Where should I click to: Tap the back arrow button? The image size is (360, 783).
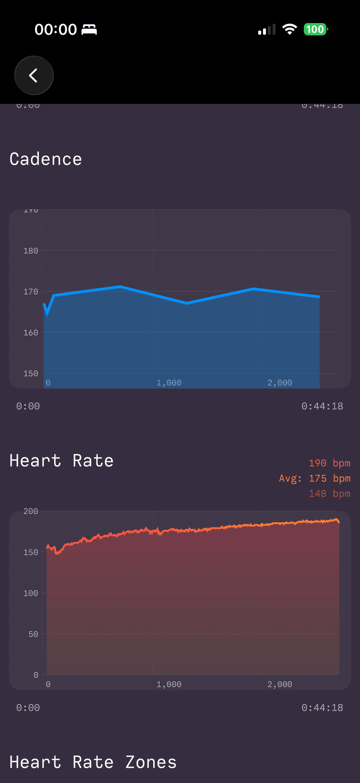[34, 75]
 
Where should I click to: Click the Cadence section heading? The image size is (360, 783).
[46, 159]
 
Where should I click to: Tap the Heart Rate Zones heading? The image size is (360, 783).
[93, 762]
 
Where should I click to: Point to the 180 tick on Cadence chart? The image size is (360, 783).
[31, 251]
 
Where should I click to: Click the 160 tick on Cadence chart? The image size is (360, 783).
[31, 332]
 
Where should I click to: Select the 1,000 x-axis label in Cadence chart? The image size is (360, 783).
[169, 383]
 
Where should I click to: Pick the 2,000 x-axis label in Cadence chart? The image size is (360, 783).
[280, 383]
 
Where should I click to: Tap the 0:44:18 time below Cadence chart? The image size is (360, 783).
[322, 406]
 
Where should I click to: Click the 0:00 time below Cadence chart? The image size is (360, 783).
[28, 406]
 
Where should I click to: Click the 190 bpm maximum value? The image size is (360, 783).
[329, 463]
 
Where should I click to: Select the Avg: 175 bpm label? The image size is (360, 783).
[315, 478]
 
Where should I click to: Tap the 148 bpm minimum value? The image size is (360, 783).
[329, 494]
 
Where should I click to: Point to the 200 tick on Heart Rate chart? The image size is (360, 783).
[31, 511]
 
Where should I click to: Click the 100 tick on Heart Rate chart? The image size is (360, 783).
[31, 593]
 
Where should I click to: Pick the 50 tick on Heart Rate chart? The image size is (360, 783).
[33, 634]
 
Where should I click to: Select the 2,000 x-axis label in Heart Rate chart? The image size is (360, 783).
[280, 684]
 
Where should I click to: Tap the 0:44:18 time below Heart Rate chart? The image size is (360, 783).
[322, 708]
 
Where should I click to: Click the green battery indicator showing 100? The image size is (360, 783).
[315, 29]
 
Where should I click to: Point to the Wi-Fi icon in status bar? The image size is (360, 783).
[289, 29]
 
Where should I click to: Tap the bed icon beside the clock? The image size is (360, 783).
[89, 30]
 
